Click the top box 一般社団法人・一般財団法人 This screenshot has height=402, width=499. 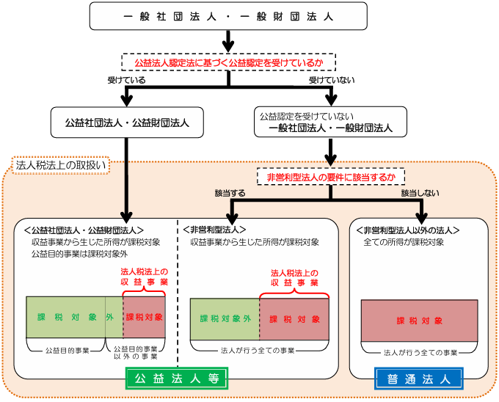pos(227,15)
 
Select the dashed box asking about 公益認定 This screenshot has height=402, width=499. pos(227,62)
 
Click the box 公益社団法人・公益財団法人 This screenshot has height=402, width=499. pos(127,123)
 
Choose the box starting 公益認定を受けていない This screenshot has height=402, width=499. pos(331,123)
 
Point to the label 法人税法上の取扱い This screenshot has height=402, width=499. pos(61,165)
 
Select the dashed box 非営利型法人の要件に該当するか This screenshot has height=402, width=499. pos(330,177)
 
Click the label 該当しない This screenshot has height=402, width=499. pos(420,193)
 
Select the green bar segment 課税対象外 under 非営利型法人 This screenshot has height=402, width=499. pos(225,318)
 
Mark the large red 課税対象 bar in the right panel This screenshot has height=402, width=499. pos(419,321)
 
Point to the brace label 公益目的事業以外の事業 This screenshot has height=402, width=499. pos(136,354)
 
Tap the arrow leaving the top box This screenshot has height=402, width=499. pos(227,41)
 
